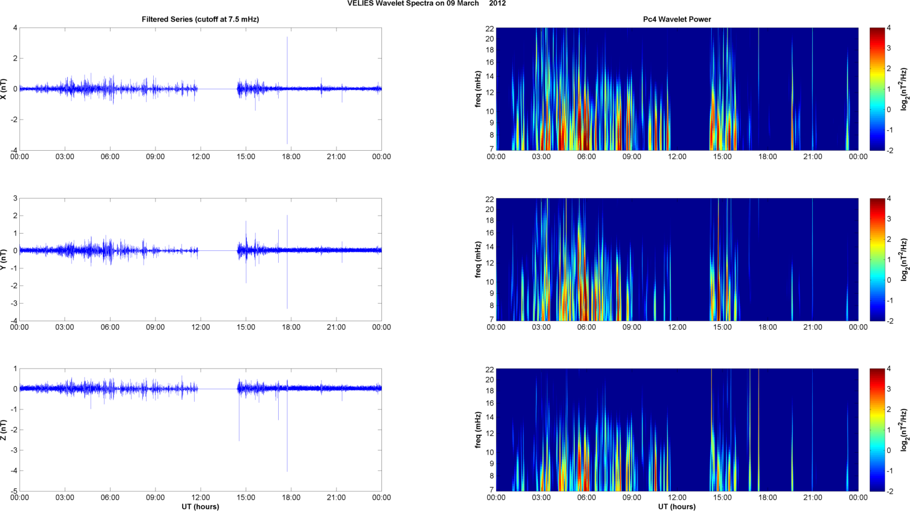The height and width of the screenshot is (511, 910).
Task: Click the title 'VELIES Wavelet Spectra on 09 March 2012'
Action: point(426,4)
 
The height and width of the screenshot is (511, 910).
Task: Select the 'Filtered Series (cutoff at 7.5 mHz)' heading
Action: point(200,19)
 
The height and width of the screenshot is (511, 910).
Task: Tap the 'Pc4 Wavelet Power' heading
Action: point(677,19)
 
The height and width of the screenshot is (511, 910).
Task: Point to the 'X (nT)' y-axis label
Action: point(4,89)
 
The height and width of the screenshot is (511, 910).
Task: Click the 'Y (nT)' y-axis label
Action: point(4,259)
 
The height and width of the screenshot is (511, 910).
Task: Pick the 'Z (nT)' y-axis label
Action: point(4,430)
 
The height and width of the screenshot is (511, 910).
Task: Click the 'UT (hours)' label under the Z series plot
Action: point(200,507)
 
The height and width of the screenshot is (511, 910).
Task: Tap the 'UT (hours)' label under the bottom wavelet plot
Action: point(677,507)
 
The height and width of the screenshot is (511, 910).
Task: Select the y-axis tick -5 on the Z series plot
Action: point(14,491)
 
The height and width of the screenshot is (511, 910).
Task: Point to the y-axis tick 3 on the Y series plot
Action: point(15,198)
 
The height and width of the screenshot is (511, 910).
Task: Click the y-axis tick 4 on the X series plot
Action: point(15,28)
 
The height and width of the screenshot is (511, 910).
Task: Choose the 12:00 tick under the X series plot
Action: point(201,157)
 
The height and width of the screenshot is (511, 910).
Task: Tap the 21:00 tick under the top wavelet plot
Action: point(813,157)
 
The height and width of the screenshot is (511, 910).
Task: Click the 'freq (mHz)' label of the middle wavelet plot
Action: point(478,259)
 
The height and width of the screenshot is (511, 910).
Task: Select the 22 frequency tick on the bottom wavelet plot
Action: point(490,369)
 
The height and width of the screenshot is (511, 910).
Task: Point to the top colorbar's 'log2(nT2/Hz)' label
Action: point(905,89)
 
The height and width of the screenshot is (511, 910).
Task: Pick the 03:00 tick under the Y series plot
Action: point(65,327)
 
